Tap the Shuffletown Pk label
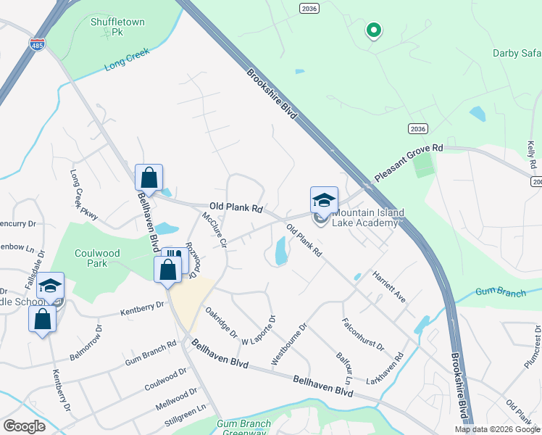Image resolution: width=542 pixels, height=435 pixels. click(117, 27)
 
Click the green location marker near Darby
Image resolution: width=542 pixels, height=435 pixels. click(374, 30)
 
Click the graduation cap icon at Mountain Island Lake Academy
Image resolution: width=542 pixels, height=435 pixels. click(324, 201)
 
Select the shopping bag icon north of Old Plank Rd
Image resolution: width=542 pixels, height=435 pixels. click(149, 178)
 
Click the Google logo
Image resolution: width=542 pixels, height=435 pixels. click(25, 426)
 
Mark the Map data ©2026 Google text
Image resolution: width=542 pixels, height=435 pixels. click(498, 429)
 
